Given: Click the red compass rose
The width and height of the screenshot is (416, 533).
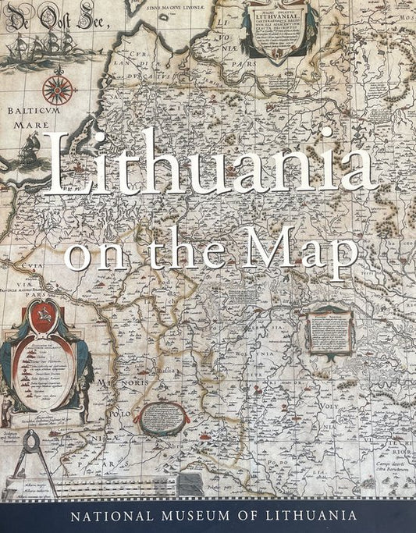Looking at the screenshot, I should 58,90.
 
